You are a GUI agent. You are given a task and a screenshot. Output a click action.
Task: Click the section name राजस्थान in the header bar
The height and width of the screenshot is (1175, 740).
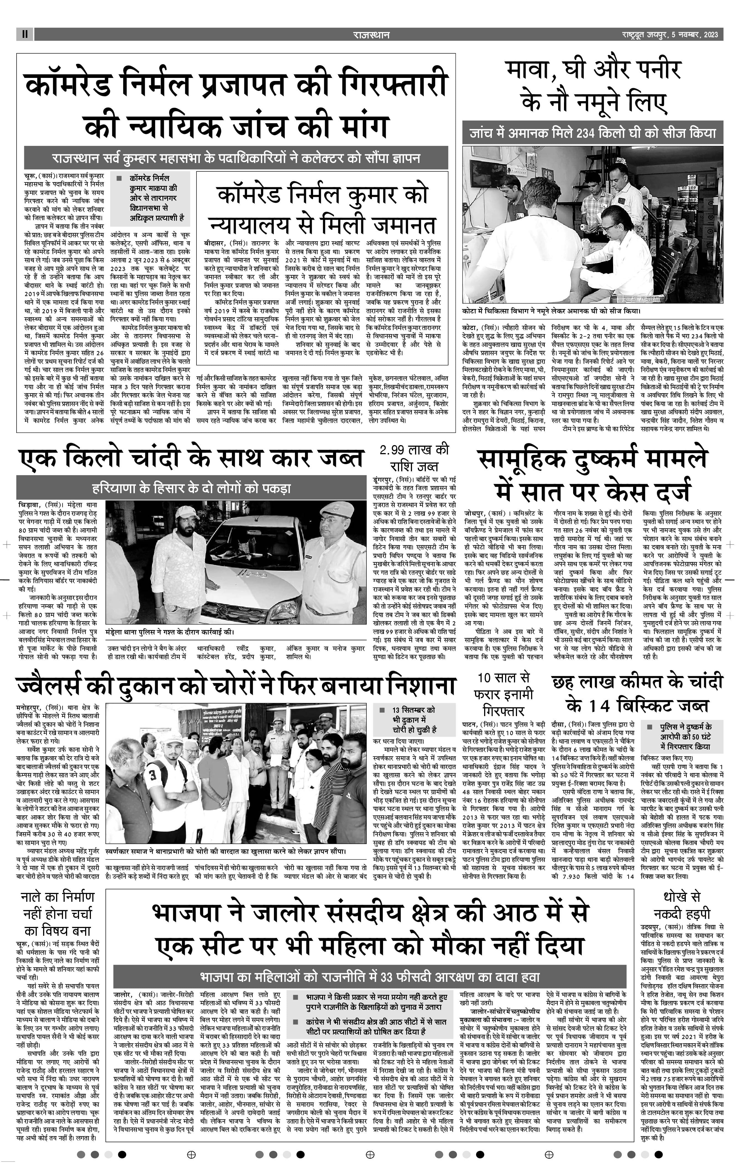tap(371, 35)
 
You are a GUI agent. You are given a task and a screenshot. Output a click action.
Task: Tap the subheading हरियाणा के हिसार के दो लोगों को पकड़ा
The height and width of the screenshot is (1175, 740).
tap(191, 488)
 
